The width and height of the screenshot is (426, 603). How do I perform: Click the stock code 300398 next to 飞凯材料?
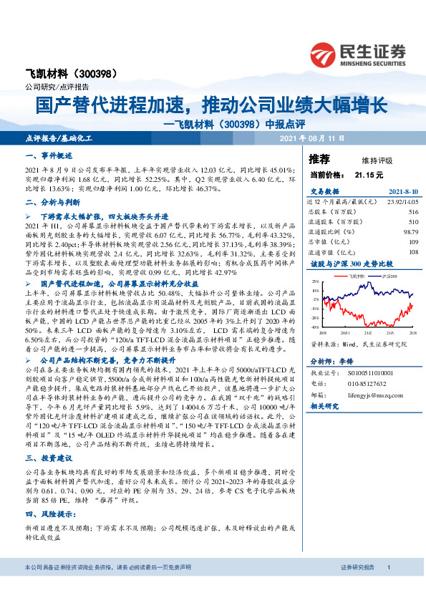[104, 74]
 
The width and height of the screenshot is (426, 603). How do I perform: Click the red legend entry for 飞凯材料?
[357, 275]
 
